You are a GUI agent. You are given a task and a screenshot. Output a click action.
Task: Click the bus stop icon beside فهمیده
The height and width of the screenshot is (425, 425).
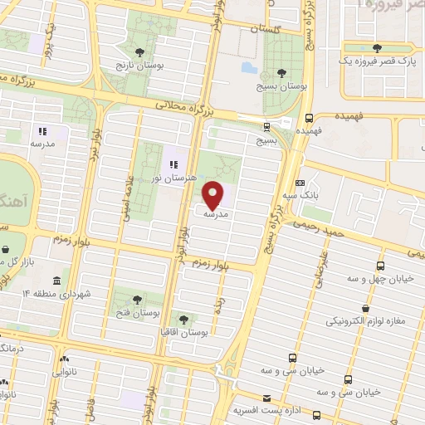pyautogui.click(x=309, y=118)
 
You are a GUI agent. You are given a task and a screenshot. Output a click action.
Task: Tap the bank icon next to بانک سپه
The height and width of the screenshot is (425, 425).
pyautogui.click(x=300, y=183)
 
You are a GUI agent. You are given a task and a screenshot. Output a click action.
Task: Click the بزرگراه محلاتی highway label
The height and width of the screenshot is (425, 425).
pyautogui.click(x=188, y=105)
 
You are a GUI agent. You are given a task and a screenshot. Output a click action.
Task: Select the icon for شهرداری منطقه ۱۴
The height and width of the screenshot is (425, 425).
pyautogui.click(x=56, y=281)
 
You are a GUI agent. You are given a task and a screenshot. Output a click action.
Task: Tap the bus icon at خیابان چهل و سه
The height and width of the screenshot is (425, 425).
pyautogui.click(x=379, y=266)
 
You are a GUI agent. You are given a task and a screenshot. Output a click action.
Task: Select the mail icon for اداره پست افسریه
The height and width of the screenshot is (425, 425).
pyautogui.click(x=266, y=398)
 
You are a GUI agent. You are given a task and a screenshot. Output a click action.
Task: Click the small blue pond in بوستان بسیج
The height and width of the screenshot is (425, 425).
pyautogui.click(x=248, y=66)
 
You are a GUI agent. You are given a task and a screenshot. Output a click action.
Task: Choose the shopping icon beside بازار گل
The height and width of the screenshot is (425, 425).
pyautogui.click(x=6, y=248)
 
